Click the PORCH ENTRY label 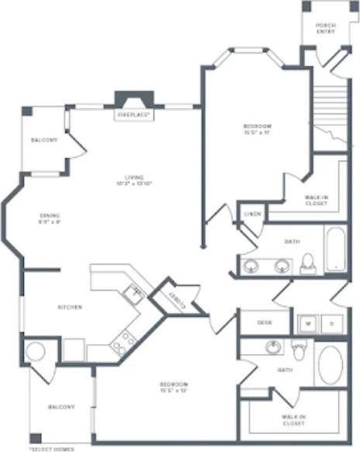326,29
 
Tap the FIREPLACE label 134,115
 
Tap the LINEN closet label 251,213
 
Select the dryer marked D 332,322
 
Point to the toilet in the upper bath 308,263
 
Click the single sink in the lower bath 273,347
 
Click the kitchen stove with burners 123,341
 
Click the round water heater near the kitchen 36,352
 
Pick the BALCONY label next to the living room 44,140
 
